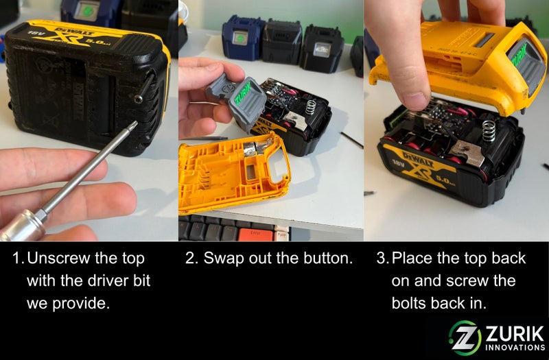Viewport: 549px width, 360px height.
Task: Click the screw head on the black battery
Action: [139, 99]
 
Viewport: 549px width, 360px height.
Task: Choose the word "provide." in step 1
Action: [81, 304]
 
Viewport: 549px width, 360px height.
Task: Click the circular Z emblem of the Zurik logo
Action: [465, 337]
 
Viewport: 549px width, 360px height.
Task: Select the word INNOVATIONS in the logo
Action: [515, 348]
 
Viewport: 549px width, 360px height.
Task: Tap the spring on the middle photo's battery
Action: [311, 107]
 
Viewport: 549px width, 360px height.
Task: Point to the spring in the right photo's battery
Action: [489, 131]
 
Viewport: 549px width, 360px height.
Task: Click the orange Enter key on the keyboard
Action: [256, 234]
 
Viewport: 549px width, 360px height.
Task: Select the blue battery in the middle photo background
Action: [244, 38]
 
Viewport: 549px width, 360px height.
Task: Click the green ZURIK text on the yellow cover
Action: [519, 55]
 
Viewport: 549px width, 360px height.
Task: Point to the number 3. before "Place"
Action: [382, 259]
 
